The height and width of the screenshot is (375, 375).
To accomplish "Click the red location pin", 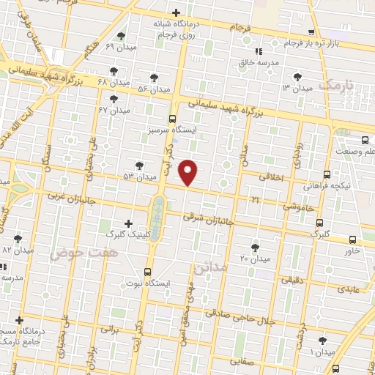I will point(189,172).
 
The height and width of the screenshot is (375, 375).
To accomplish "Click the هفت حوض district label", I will point(73,253).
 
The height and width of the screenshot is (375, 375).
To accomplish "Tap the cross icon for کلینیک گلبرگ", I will point(129,223).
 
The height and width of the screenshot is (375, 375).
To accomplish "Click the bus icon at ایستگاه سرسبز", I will point(172,119).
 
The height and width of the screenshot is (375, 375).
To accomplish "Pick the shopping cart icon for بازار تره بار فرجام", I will point(313,32).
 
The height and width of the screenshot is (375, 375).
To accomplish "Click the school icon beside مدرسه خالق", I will point(258,51).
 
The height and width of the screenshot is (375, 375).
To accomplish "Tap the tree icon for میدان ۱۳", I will point(297,76).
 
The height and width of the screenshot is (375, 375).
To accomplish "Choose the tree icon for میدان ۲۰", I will point(254,247).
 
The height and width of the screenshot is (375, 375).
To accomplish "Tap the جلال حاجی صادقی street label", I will point(240,317).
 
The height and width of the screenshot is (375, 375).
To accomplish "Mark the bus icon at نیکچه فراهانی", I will point(327,174).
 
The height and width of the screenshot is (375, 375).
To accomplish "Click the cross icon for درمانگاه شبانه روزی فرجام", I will point(175,12).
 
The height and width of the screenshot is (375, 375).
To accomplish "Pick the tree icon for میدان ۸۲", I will point(18,239).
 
